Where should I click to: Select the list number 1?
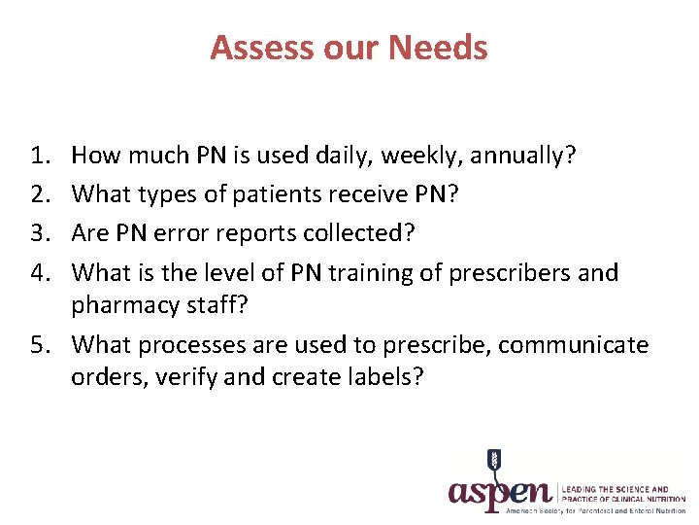coord(40,154)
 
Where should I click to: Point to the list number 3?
coord(40,233)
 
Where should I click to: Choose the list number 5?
coord(40,344)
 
